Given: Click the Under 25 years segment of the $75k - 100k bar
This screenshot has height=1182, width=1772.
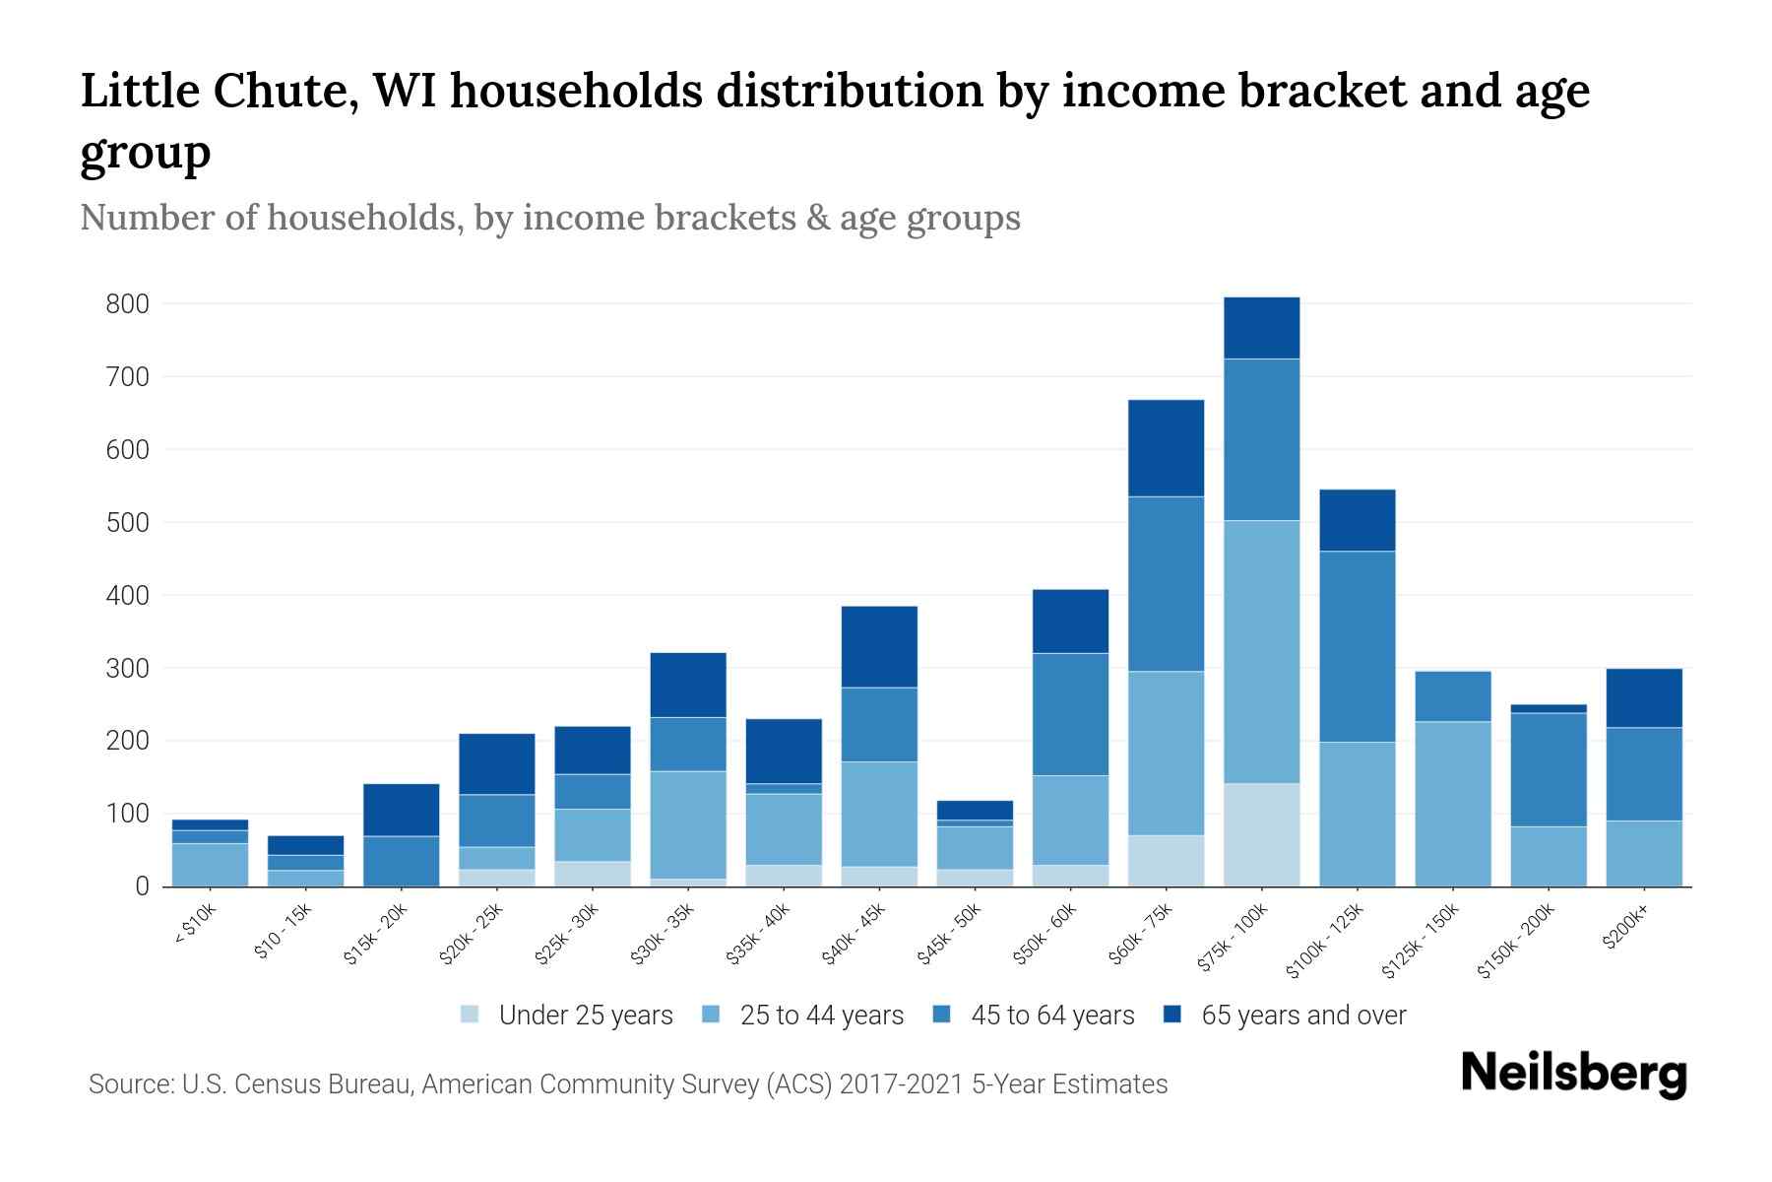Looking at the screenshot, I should (x=1261, y=834).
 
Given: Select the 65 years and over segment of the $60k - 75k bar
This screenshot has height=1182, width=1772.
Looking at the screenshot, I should (x=1166, y=448).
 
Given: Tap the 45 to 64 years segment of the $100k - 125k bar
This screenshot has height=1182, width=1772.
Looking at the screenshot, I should (x=1357, y=646).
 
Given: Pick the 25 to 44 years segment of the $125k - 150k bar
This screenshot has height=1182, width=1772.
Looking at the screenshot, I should (x=1452, y=804).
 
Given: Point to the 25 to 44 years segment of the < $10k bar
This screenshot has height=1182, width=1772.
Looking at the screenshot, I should (x=210, y=865).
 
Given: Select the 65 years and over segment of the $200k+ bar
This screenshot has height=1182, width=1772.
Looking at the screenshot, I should (x=1643, y=697).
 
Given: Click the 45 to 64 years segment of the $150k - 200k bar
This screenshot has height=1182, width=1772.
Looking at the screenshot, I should (x=1548, y=769).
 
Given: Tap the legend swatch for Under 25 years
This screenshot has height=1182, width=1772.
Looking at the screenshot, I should (x=470, y=1015).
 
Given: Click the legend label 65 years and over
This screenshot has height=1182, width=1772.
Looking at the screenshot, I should (x=1302, y=1016).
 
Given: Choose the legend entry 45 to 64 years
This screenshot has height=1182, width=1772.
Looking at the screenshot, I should (x=1051, y=1016).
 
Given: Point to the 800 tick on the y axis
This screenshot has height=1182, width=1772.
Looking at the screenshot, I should (x=127, y=304).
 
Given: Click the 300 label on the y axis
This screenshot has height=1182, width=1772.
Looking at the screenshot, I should (x=127, y=669).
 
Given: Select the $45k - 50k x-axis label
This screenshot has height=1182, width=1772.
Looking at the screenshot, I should (x=952, y=935).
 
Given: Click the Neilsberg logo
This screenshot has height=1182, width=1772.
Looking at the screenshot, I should (x=1573, y=1074).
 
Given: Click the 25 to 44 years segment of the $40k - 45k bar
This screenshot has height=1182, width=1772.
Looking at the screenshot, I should (x=879, y=814).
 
